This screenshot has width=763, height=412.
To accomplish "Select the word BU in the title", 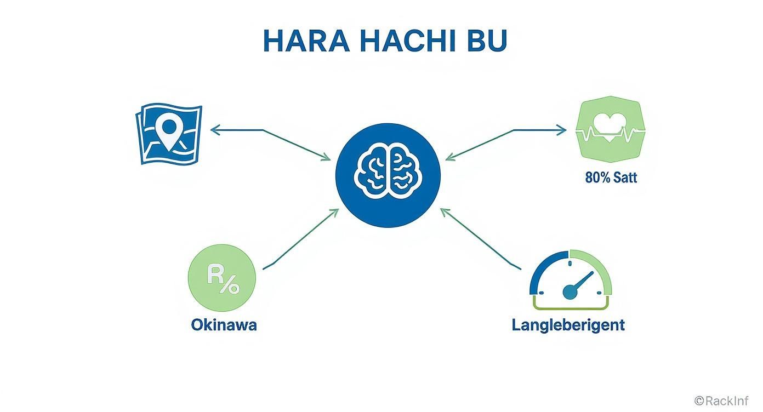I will [x=485, y=41].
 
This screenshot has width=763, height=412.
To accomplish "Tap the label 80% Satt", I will [x=611, y=178].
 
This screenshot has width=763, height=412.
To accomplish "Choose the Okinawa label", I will [x=224, y=324].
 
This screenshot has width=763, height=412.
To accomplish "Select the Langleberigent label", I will [x=568, y=324].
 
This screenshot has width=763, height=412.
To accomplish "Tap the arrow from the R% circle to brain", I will [x=300, y=239].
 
